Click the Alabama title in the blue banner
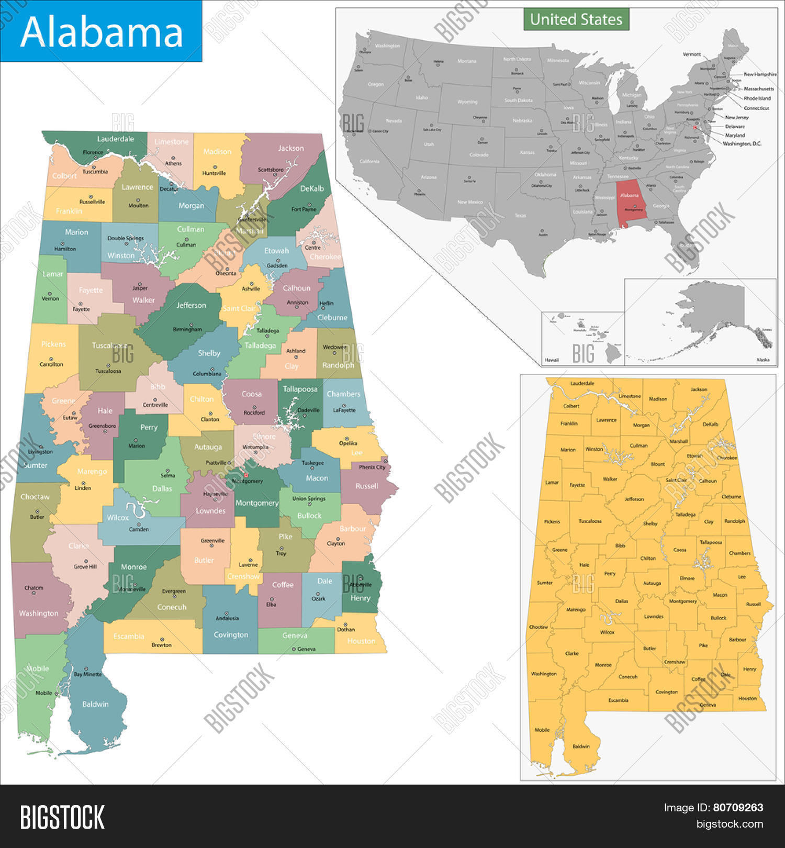click(x=102, y=32)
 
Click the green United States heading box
click(x=576, y=20)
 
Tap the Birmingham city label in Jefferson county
click(x=187, y=330)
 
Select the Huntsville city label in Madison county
click(x=214, y=173)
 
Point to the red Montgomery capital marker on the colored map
click(x=246, y=475)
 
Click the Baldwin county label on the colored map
click(x=95, y=704)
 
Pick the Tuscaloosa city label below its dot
click(x=108, y=371)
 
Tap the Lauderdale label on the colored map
click(x=115, y=139)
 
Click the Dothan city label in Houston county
click(x=345, y=630)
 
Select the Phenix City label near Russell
click(x=372, y=467)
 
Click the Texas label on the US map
click(x=520, y=216)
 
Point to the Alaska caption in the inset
click(x=762, y=360)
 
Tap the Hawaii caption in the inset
click(x=552, y=360)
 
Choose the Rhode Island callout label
click(x=757, y=98)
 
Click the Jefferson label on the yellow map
click(x=634, y=499)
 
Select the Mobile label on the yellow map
click(x=542, y=730)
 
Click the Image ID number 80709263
click(x=738, y=808)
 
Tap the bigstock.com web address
click(x=730, y=824)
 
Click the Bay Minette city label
click(x=87, y=674)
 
